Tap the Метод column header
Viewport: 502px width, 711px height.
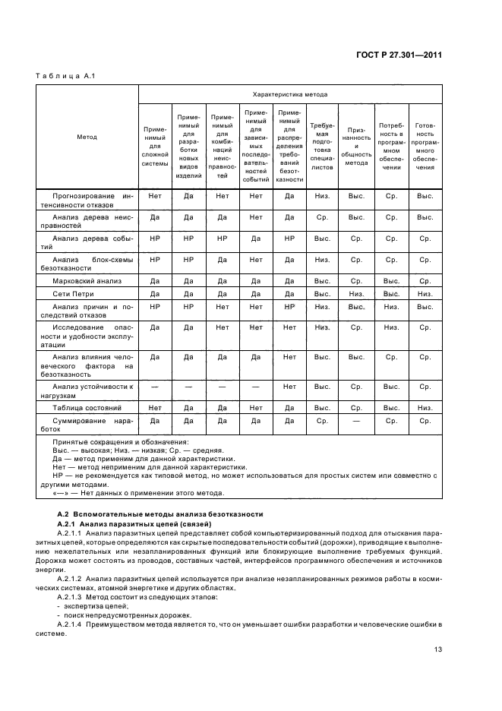click(87, 137)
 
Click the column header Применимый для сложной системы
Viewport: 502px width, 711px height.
click(155, 146)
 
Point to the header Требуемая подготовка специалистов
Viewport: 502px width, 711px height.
click(322, 146)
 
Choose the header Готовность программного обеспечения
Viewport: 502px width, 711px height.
click(425, 146)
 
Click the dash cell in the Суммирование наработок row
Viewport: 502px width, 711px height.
click(356, 420)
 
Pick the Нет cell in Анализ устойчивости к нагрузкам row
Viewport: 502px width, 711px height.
click(289, 387)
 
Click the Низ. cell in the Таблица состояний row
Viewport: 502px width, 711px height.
click(425, 408)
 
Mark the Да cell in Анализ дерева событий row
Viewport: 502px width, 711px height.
click(256, 239)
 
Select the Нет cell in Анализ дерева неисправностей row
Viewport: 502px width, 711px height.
click(256, 217)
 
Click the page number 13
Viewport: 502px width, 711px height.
click(437, 649)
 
